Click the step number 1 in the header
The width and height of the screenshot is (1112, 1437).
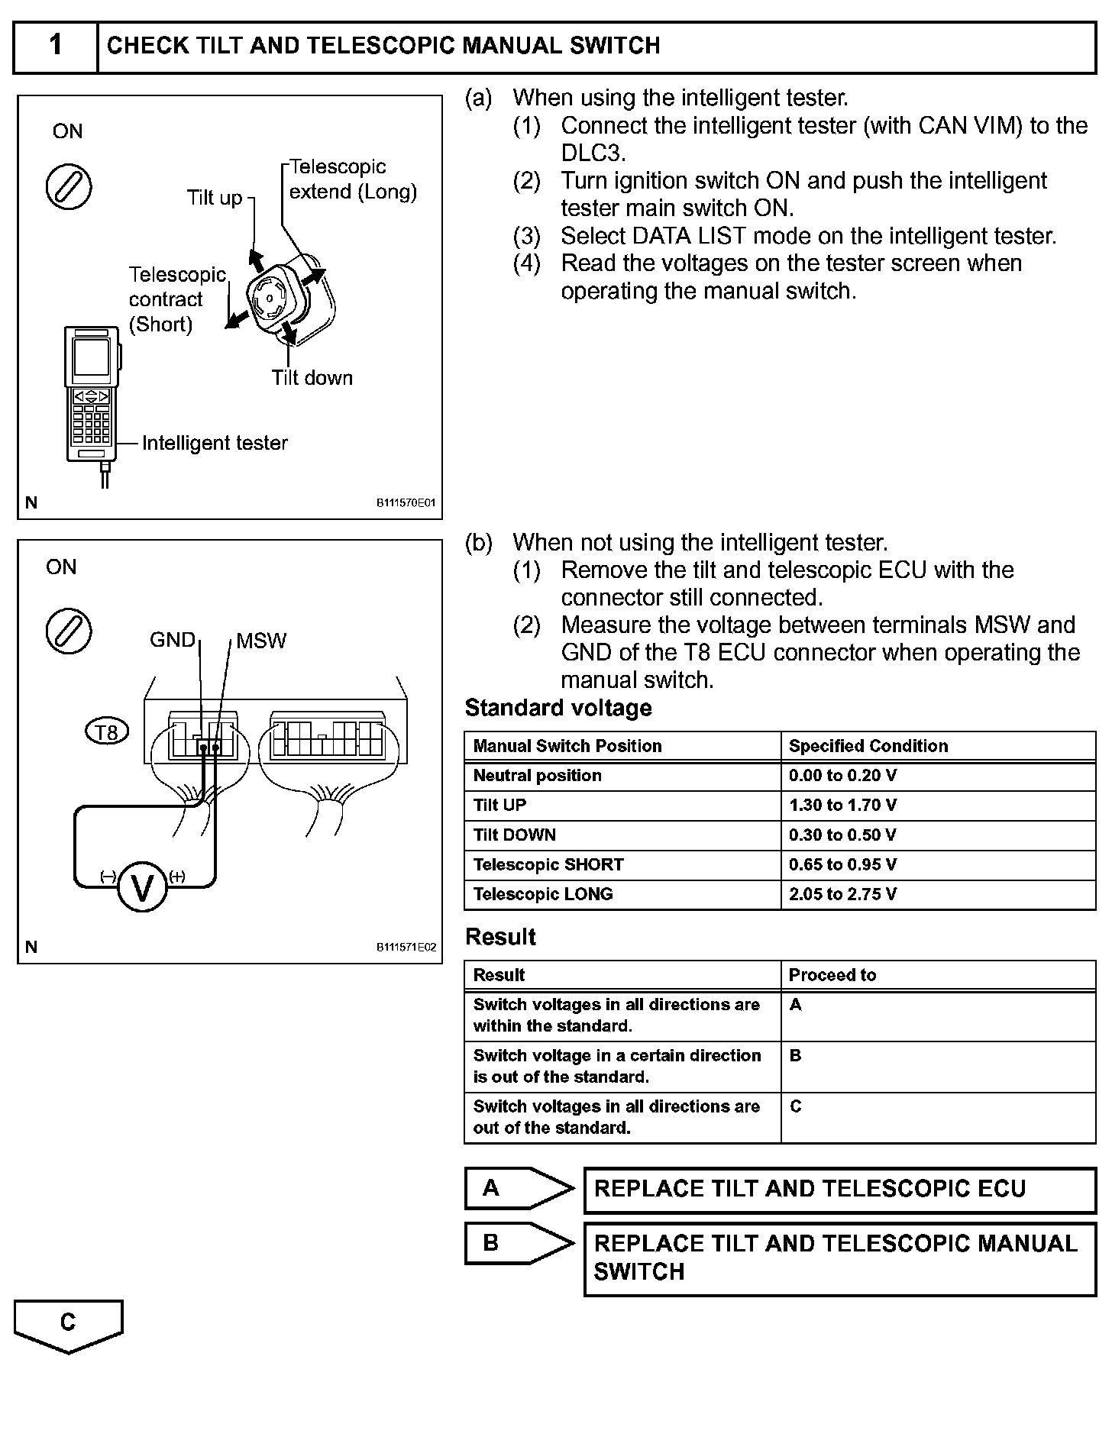pyautogui.click(x=55, y=46)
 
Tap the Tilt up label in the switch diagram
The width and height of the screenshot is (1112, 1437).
pyautogui.click(x=215, y=198)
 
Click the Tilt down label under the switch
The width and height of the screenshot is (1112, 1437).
pyautogui.click(x=312, y=377)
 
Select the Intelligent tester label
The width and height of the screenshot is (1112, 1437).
pyautogui.click(x=215, y=443)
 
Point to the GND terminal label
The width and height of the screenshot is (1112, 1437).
pyautogui.click(x=173, y=640)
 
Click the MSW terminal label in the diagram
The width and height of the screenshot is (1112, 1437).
pyautogui.click(x=261, y=641)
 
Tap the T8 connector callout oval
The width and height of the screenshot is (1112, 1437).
pyautogui.click(x=106, y=732)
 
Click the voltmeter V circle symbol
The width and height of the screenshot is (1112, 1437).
pyautogui.click(x=143, y=886)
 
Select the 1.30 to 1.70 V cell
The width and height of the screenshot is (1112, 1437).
pyautogui.click(x=842, y=805)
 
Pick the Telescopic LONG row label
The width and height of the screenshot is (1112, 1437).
pyautogui.click(x=543, y=894)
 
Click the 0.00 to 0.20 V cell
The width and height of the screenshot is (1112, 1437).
pyautogui.click(x=842, y=776)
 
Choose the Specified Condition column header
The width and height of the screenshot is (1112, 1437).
pyautogui.click(x=868, y=746)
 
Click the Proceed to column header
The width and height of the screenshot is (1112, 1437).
pyautogui.click(x=832, y=975)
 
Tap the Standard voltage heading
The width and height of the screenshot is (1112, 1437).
pyautogui.click(x=558, y=708)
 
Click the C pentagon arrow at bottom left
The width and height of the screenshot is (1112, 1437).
pyautogui.click(x=68, y=1323)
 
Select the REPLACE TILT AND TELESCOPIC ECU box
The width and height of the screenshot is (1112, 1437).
pyautogui.click(x=839, y=1189)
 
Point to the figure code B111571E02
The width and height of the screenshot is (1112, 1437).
pyautogui.click(x=406, y=948)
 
